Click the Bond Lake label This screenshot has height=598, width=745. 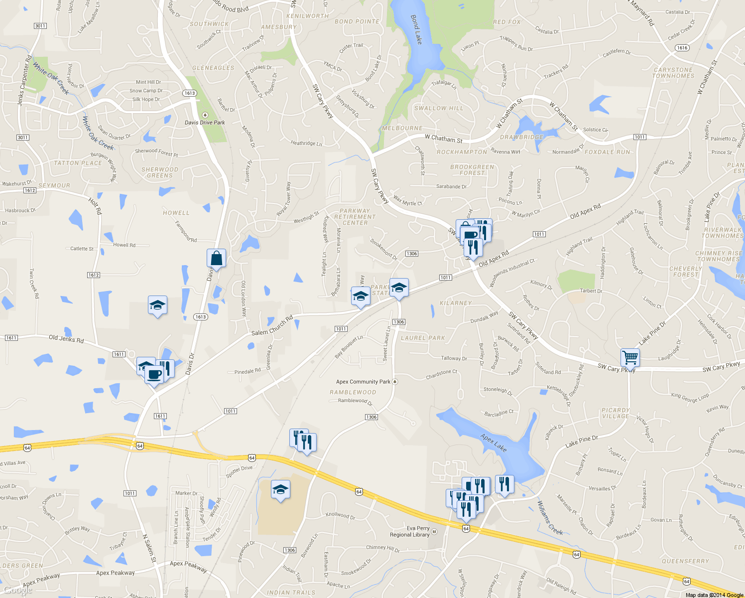[x=416, y=29]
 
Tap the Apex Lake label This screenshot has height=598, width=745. [x=494, y=443]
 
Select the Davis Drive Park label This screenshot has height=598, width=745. [x=205, y=122]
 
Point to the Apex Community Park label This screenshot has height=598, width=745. [x=363, y=382]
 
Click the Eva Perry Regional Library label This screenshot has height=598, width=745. [x=410, y=531]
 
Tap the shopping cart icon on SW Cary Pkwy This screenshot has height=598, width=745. [x=630, y=357]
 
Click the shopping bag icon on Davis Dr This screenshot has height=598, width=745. [x=216, y=258]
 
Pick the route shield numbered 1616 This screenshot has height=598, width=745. [x=682, y=48]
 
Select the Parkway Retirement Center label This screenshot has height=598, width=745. [x=355, y=217]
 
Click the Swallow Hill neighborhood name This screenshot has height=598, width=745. [x=439, y=108]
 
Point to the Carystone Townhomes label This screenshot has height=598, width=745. [x=673, y=73]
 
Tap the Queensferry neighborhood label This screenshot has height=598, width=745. [x=685, y=561]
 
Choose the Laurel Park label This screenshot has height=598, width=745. [x=423, y=338]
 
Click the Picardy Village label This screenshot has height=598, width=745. [x=616, y=413]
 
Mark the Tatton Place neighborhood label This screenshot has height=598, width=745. [x=78, y=163]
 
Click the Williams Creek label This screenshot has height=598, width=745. [x=549, y=518]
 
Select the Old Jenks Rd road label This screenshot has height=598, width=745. [x=66, y=339]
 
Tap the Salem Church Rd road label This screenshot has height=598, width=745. [x=272, y=326]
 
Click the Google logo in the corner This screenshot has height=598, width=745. [x=18, y=590]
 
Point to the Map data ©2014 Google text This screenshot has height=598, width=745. [x=714, y=595]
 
